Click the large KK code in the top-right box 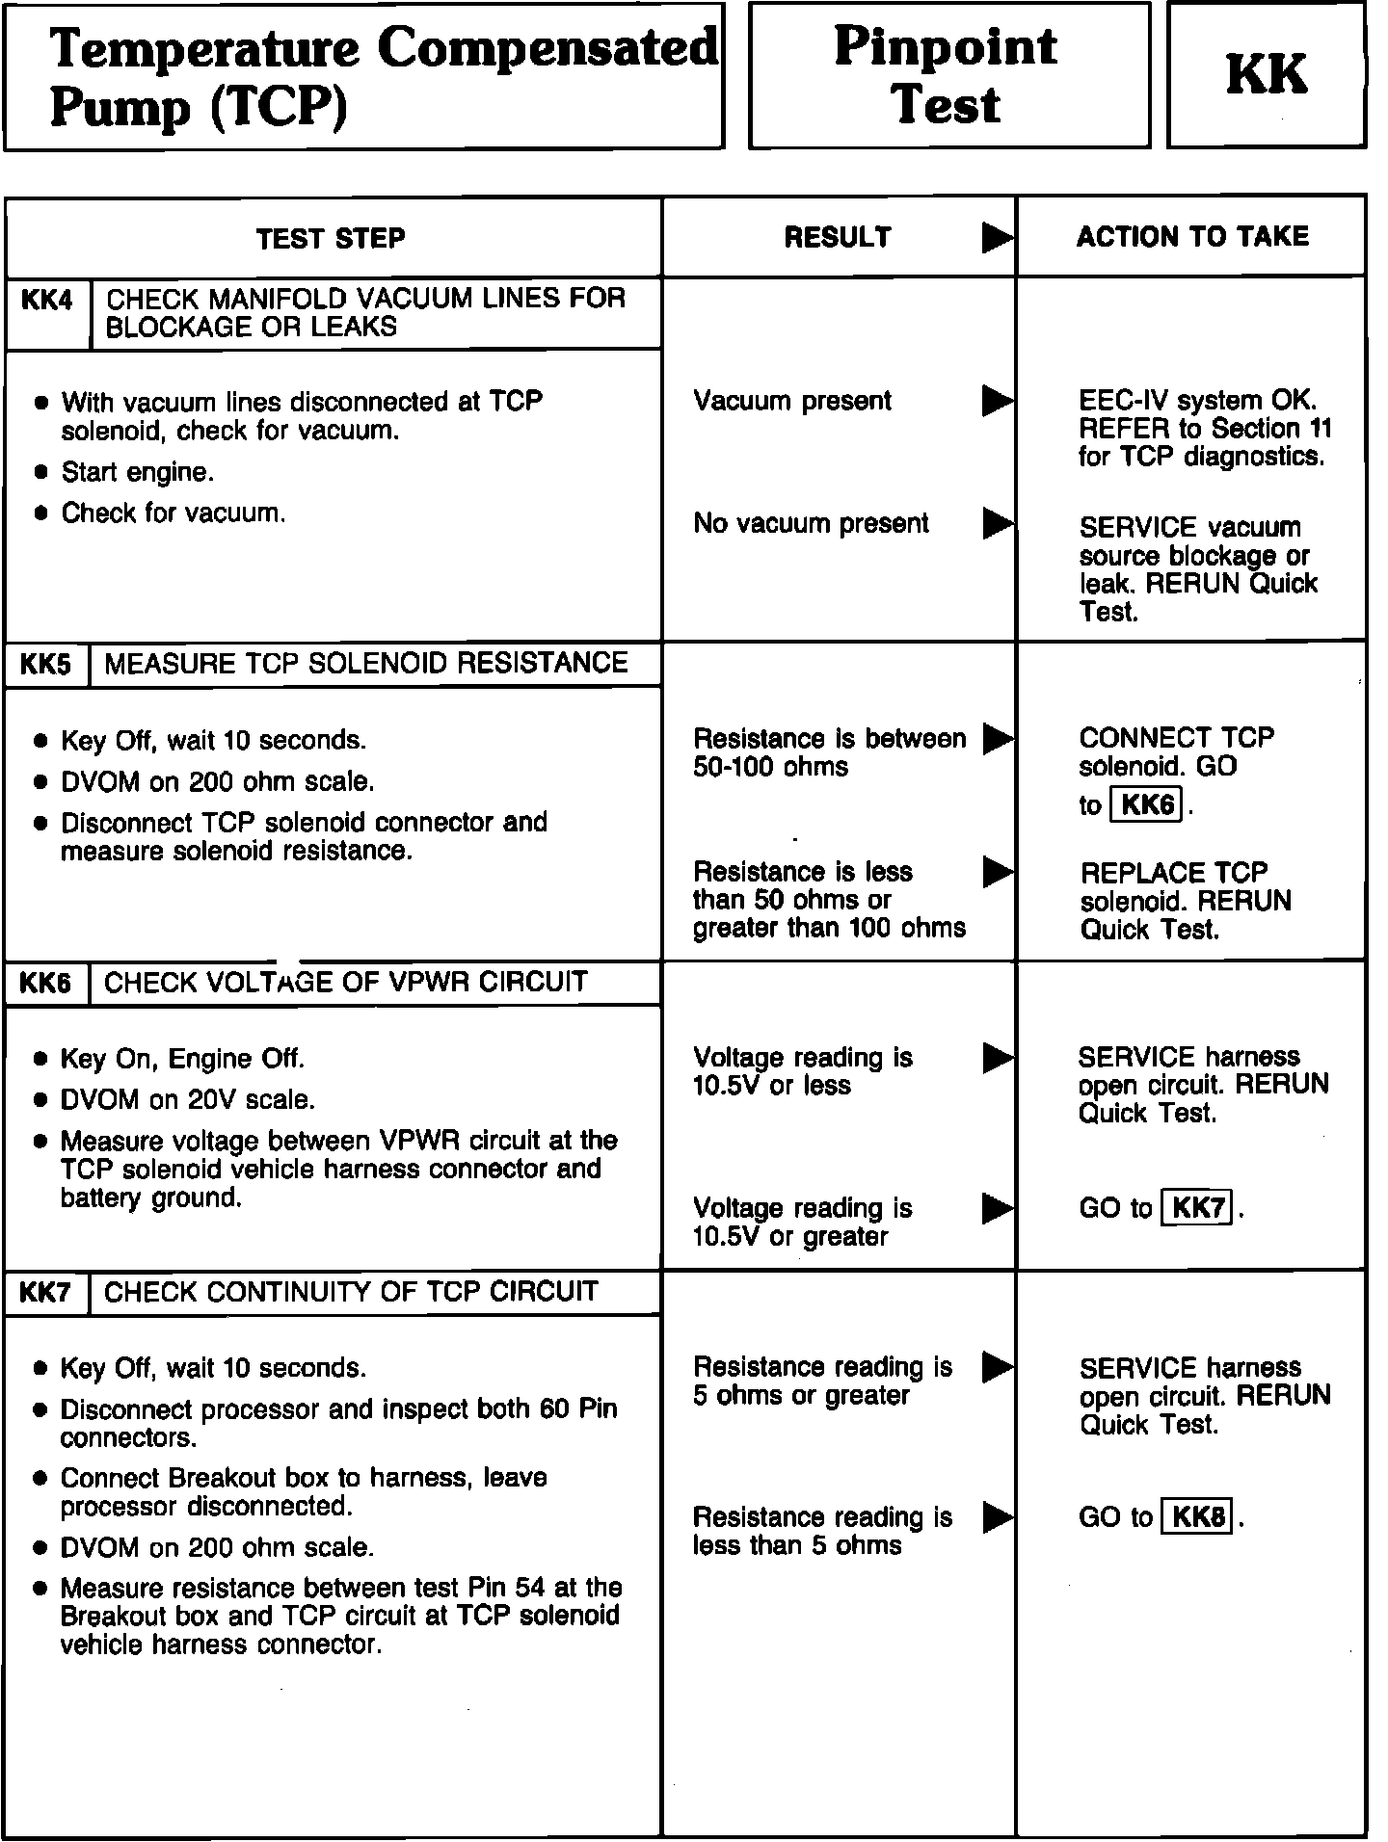[x=1266, y=75]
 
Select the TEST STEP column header [x=331, y=239]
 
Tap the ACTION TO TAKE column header [x=1192, y=237]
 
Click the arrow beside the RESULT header [x=998, y=238]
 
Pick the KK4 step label [x=46, y=301]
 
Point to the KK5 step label [x=45, y=665]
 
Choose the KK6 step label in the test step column [x=45, y=984]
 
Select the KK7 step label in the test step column [x=45, y=1293]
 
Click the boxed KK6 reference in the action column [x=1147, y=804]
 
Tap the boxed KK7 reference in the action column [x=1198, y=1208]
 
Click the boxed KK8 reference [x=1198, y=1518]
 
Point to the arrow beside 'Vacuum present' [x=998, y=401]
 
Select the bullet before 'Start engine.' [x=40, y=473]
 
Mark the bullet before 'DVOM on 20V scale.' [x=40, y=1100]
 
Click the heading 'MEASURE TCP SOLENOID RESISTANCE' [x=365, y=664]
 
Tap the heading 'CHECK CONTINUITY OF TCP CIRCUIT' [x=351, y=1292]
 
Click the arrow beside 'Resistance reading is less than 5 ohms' [x=998, y=1518]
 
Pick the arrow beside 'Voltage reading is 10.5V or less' [x=998, y=1058]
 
